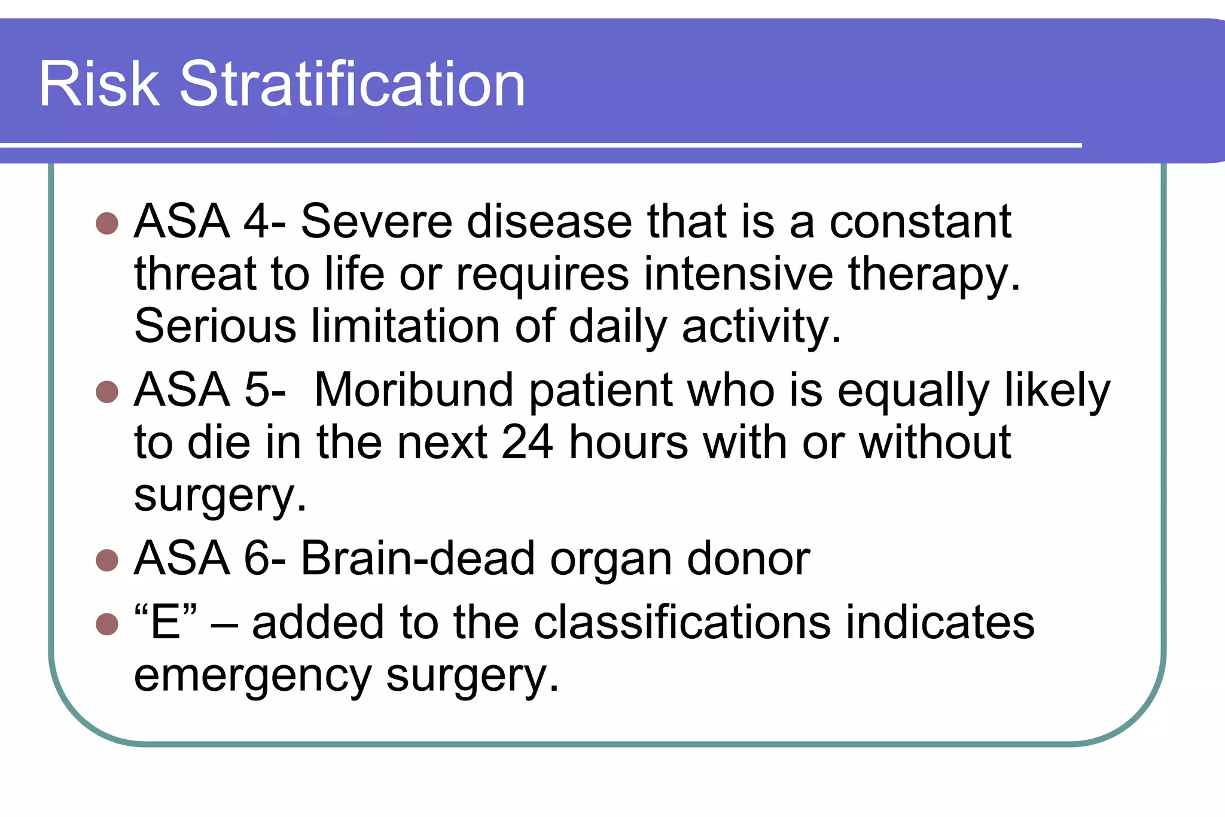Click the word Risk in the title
pyautogui.click(x=99, y=84)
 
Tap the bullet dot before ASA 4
pyautogui.click(x=107, y=223)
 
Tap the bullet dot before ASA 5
pyautogui.click(x=107, y=392)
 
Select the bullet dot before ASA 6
pyautogui.click(x=107, y=560)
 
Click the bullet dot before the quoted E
pyautogui.click(x=107, y=624)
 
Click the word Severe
pyautogui.click(x=376, y=222)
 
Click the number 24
pyautogui.click(x=527, y=443)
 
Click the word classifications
pyautogui.click(x=682, y=623)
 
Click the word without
pyautogui.click(x=934, y=443)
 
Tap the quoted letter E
pyautogui.click(x=166, y=623)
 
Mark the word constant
pyautogui.click(x=920, y=222)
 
